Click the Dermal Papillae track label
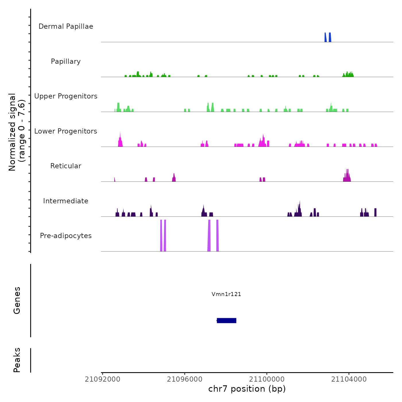click(x=66, y=26)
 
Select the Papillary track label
click(x=66, y=61)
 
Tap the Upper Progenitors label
click(x=66, y=96)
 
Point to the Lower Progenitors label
click(x=66, y=131)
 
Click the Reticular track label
click(x=66, y=166)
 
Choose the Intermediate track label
click(x=66, y=201)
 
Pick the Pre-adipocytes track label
click(x=66, y=236)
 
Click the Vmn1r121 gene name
click(x=226, y=294)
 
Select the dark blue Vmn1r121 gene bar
click(x=227, y=320)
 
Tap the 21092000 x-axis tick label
click(x=103, y=379)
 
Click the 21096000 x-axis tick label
click(x=185, y=379)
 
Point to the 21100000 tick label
click(x=267, y=379)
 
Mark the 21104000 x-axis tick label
click(x=349, y=379)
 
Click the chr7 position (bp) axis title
click(x=247, y=389)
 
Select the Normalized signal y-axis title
click(x=17, y=132)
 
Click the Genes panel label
click(x=17, y=300)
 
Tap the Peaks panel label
click(x=17, y=360)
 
